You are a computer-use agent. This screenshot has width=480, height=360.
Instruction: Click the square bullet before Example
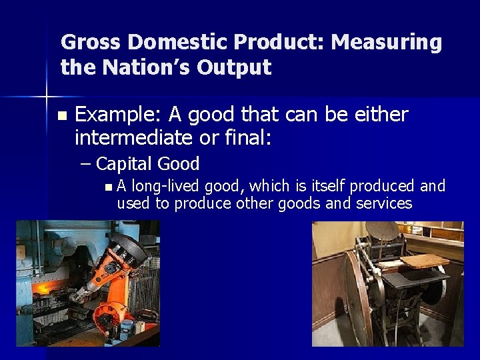(62, 116)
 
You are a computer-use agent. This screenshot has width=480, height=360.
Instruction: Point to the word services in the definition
(386, 203)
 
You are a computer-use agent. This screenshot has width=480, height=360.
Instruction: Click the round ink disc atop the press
(384, 231)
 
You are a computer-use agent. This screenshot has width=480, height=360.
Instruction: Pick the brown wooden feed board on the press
(424, 261)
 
